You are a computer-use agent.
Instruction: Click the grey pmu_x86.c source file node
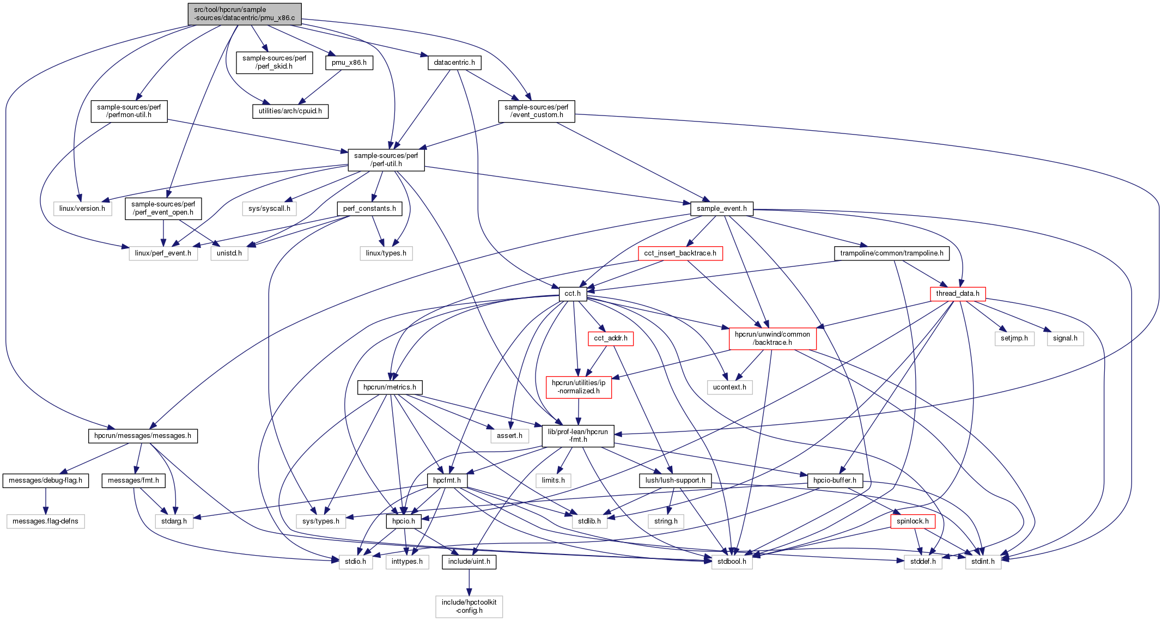[x=244, y=14]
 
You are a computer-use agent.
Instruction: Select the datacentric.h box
[x=454, y=63]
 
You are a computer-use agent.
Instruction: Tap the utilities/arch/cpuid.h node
[x=290, y=111]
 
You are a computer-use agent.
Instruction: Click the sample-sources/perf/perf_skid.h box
[x=274, y=62]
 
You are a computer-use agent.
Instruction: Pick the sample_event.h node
[x=721, y=209]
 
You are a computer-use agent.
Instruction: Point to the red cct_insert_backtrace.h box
[x=680, y=253]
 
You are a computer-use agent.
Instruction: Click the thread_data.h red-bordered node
[x=957, y=294]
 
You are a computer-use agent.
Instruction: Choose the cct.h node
[x=572, y=294]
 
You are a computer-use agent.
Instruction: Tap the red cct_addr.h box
[x=610, y=338]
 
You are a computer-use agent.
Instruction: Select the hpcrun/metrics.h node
[x=390, y=387]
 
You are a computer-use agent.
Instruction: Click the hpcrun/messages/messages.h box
[x=142, y=436]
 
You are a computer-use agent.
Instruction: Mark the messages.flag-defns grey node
[x=45, y=521]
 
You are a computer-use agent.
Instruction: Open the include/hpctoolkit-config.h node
[x=469, y=606]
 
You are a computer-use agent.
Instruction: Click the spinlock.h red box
[x=912, y=521]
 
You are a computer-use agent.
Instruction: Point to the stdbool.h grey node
[x=732, y=562]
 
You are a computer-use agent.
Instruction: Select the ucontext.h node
[x=729, y=387]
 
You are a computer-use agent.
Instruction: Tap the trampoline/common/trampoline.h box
[x=891, y=253]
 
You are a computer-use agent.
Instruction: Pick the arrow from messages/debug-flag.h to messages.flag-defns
[x=46, y=501]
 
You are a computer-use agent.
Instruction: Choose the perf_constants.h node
[x=369, y=209]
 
